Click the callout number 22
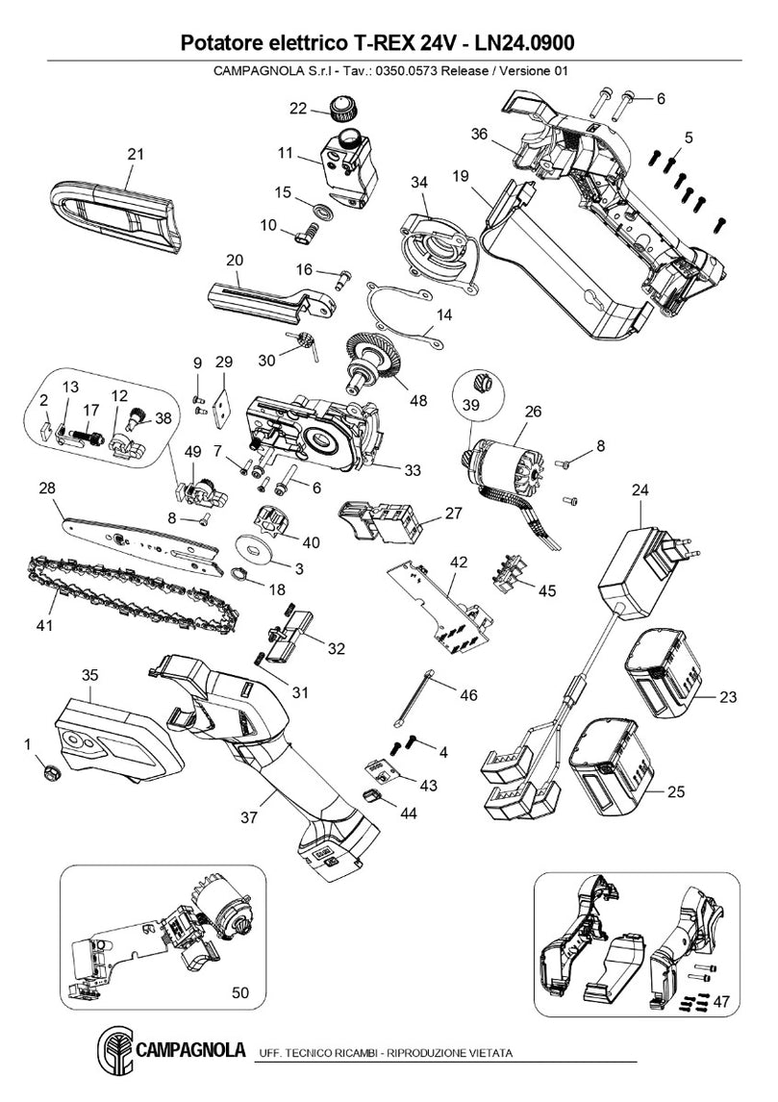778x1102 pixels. coord(298,109)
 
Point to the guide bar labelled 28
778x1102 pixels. coord(144,542)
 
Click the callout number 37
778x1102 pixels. coord(249,817)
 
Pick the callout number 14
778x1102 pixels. coord(443,314)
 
